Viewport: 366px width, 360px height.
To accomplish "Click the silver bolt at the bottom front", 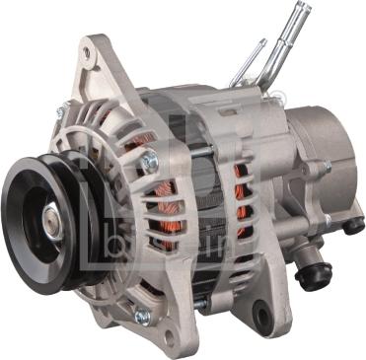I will [x=141, y=315].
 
